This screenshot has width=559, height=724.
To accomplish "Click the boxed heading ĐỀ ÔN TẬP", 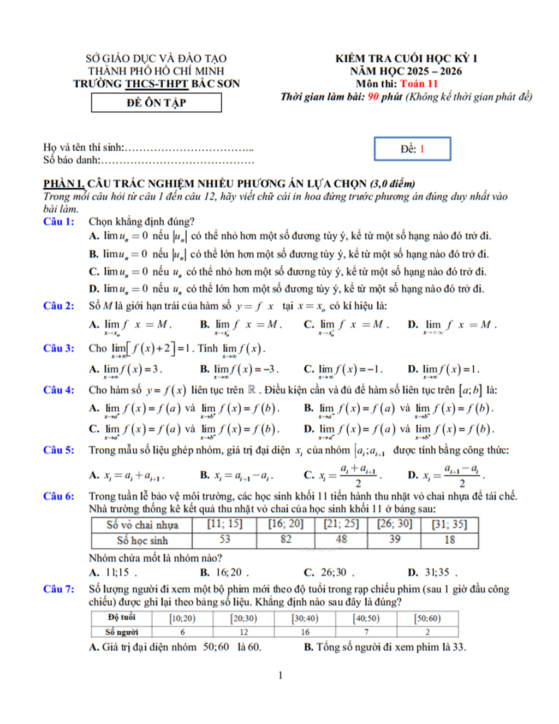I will tap(156, 103).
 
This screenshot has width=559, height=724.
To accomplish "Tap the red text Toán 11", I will tap(419, 84).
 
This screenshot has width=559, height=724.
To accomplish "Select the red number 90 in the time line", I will tap(373, 97).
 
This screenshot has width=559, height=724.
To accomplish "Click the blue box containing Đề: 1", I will tap(412, 149).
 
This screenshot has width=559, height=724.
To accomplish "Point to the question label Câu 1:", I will tap(58, 221).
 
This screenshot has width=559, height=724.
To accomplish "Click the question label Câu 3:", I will tap(58, 348).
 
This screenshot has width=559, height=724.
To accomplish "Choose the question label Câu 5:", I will tap(58, 450).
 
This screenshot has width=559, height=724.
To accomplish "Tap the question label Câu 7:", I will tap(58, 589).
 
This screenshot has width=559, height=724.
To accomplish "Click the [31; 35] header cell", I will tap(449, 524).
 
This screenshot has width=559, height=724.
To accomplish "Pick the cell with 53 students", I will tap(224, 539).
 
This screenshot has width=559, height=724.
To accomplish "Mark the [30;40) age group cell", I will tap(305, 618).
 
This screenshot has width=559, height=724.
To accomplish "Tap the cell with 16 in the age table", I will tap(305, 632).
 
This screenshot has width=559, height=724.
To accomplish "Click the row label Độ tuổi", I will tap(121, 617).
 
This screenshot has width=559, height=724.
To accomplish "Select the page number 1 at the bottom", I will tap(280, 675).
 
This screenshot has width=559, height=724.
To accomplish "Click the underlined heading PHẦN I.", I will tap(64, 183).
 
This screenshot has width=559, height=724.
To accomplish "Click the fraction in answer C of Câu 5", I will tap(358, 476).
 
